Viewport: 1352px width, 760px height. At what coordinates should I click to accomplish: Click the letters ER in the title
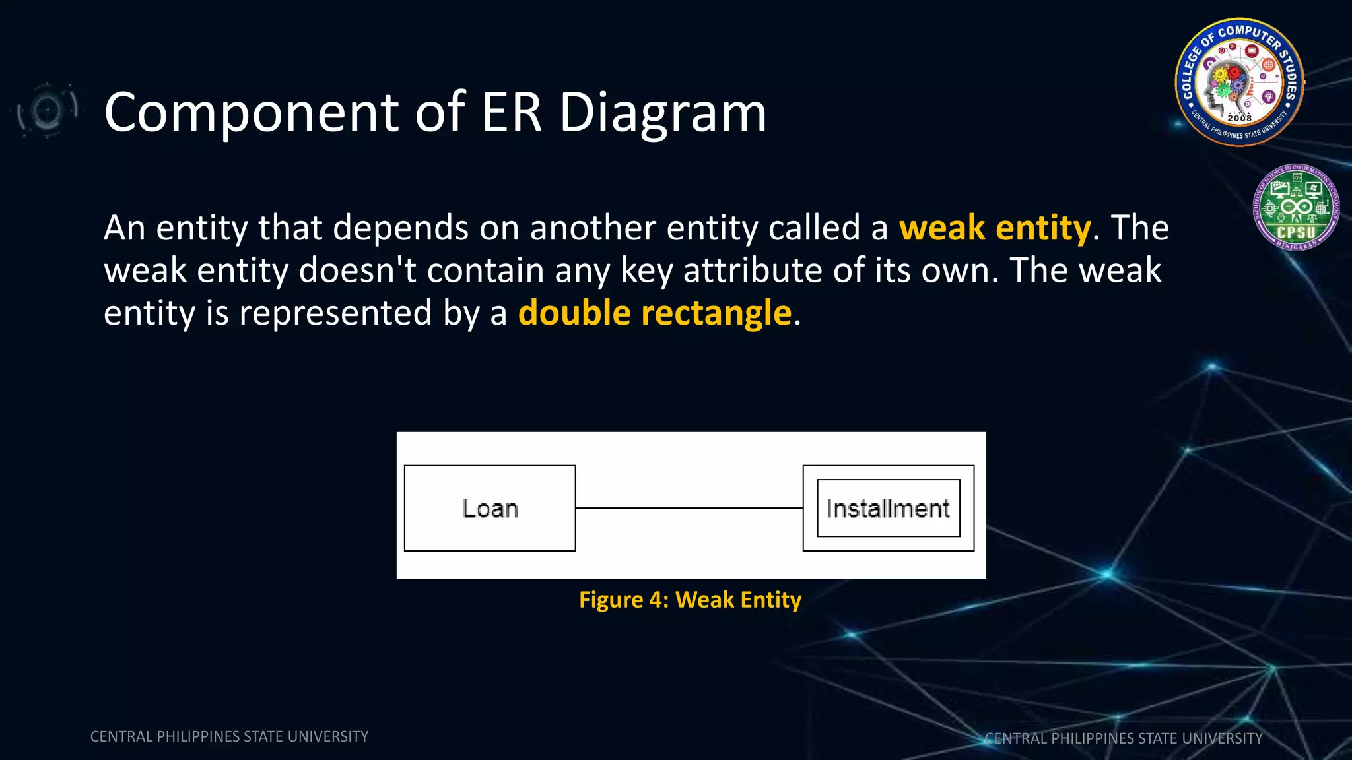(x=511, y=112)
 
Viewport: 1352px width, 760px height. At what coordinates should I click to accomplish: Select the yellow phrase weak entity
(x=994, y=228)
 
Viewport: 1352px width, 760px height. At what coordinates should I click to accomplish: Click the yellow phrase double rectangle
(x=654, y=313)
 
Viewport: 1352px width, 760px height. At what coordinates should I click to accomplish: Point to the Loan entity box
(x=490, y=508)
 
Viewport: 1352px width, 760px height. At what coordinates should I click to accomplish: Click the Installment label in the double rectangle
(x=888, y=509)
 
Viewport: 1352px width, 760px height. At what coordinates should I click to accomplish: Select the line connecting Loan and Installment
(x=689, y=508)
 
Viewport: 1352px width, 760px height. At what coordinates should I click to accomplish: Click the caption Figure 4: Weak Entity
(x=690, y=600)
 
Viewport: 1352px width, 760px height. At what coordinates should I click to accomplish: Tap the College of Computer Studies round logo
(x=1239, y=82)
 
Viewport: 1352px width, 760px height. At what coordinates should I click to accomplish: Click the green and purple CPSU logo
(x=1296, y=207)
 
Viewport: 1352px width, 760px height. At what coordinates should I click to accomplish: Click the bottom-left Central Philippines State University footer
(x=229, y=736)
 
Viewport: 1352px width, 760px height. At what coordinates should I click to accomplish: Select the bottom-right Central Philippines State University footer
(x=1123, y=738)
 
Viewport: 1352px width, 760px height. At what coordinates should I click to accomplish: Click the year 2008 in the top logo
(x=1239, y=118)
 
